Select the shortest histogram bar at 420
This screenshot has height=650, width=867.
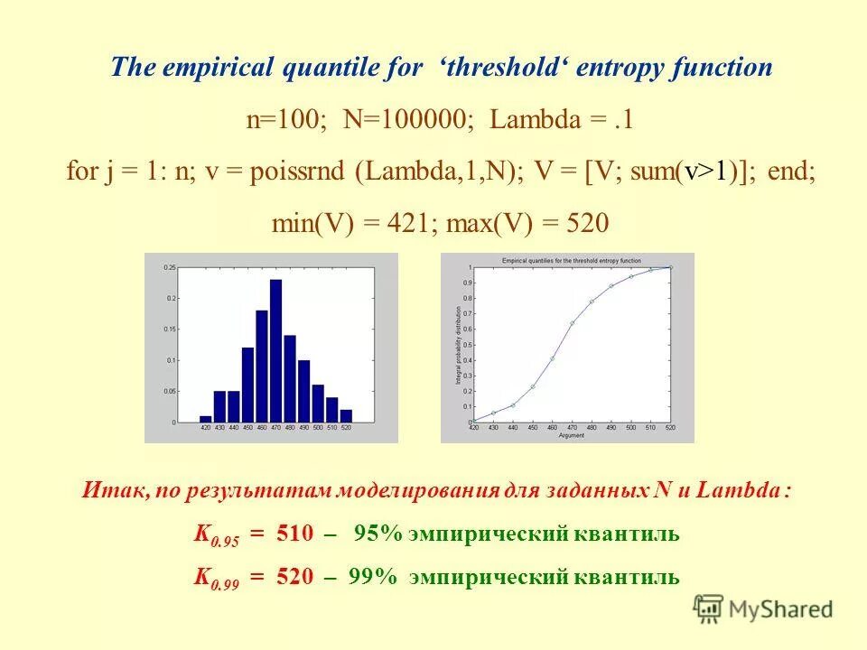(206, 419)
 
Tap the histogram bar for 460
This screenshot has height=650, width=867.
(261, 367)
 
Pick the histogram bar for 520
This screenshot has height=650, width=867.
(346, 416)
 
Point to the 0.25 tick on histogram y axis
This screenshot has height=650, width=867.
(170, 269)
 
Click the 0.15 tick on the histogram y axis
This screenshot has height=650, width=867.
(170, 330)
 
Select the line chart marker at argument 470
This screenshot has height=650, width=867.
(572, 322)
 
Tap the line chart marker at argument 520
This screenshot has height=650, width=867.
(670, 267)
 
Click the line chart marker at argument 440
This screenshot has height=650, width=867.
(512, 404)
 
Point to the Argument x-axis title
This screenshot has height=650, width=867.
(571, 435)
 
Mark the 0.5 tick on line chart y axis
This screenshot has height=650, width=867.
(467, 345)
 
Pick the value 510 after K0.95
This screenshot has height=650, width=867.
(294, 534)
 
